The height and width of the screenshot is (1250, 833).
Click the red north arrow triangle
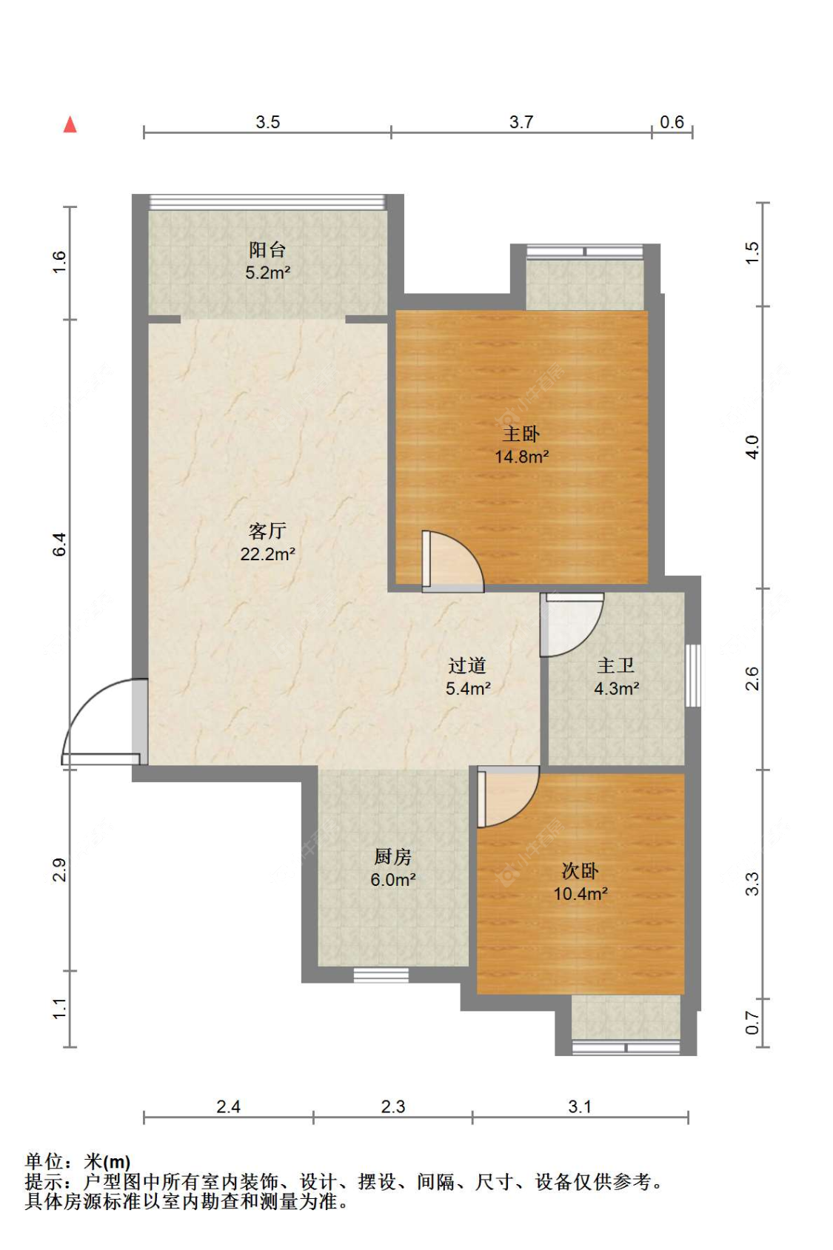click(70, 124)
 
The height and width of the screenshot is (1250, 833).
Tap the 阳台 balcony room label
click(267, 249)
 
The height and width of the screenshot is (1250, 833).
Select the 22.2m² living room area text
click(267, 554)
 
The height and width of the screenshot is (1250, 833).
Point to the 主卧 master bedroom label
click(521, 434)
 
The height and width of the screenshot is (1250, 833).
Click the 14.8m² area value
click(521, 457)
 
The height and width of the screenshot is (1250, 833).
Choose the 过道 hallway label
click(467, 665)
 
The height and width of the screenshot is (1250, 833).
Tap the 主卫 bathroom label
click(616, 665)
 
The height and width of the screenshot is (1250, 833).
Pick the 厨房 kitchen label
click(393, 856)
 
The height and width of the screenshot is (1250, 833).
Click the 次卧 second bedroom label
click(580, 870)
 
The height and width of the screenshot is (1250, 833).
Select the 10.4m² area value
click(580, 893)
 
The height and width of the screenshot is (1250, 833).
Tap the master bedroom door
click(453, 561)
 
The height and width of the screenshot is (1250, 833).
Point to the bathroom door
click(572, 625)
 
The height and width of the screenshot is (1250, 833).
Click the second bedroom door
click(508, 796)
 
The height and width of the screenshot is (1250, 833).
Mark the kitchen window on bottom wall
click(381, 975)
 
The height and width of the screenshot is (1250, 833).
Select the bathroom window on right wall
click(693, 676)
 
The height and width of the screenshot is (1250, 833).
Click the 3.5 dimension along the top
click(267, 121)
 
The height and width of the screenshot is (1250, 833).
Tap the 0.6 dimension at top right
click(672, 121)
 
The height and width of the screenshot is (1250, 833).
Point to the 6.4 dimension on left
click(59, 544)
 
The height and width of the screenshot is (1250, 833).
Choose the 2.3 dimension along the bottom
click(393, 1106)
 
